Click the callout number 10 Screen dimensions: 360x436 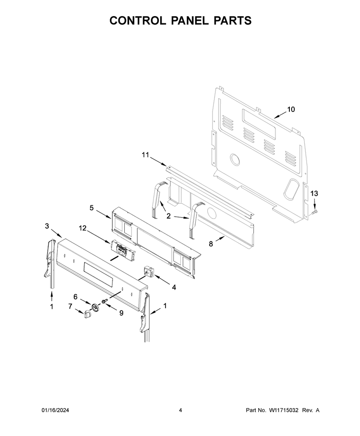coord(291,110)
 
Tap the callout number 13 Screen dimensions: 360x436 coord(314,193)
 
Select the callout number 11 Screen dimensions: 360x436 coord(145,155)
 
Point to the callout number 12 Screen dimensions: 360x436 coord(82,228)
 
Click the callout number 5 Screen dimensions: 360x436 coord(92,208)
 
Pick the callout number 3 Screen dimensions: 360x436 coord(47,226)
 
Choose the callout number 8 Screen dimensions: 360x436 coord(211,244)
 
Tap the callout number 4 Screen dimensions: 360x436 coord(174,288)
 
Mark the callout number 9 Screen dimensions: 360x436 coord(121,313)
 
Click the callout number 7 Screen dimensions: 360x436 coord(70,306)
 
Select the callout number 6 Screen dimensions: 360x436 coord(76,297)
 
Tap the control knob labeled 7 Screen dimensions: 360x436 coord(87,314)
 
